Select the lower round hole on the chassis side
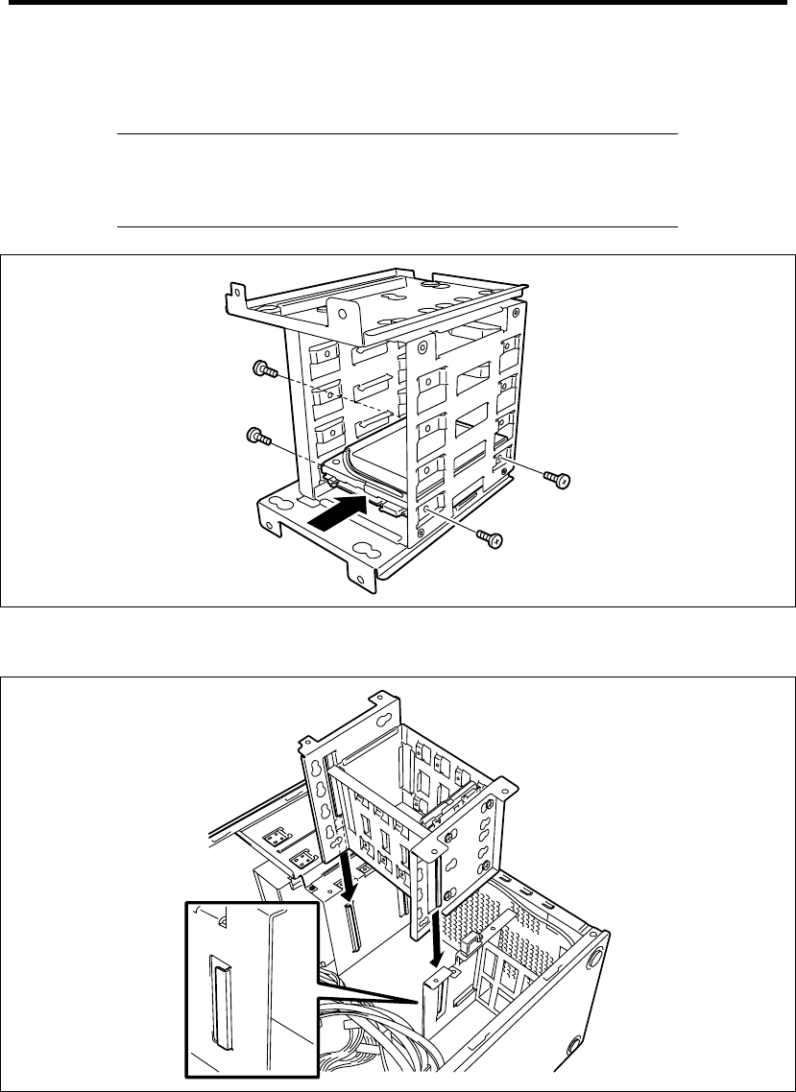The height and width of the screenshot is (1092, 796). pyautogui.click(x=575, y=1043)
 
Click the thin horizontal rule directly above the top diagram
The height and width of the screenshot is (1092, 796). pyautogui.click(x=398, y=227)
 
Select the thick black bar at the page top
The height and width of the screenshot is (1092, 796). pyautogui.click(x=398, y=3)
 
